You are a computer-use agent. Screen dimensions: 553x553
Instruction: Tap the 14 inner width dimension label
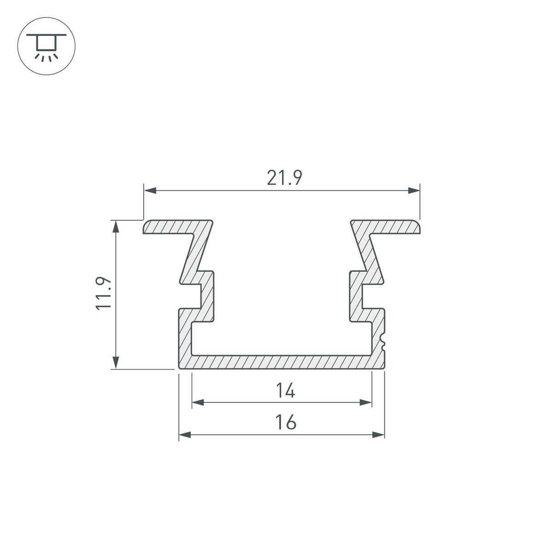(x=286, y=391)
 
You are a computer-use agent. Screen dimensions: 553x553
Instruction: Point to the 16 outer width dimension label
(x=286, y=422)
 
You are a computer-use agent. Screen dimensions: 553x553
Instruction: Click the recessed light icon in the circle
(x=46, y=46)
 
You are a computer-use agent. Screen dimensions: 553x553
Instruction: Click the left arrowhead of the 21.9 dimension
(x=150, y=190)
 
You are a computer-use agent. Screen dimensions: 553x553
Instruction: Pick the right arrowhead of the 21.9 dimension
(x=414, y=190)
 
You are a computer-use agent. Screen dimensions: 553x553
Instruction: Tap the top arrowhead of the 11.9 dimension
(x=117, y=227)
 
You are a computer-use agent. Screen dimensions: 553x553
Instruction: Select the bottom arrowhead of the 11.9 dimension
(x=117, y=362)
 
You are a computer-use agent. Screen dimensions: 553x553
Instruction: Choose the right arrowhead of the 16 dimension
(x=378, y=435)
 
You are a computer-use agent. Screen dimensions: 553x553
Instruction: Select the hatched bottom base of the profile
(x=281, y=362)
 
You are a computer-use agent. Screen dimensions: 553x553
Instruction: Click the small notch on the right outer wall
(x=382, y=341)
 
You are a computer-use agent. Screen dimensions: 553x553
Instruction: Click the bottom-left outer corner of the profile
(x=179, y=368)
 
